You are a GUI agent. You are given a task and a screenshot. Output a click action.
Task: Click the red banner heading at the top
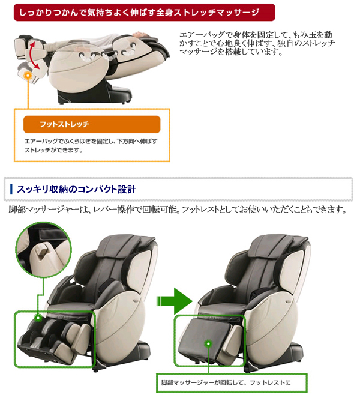click(x=145, y=12)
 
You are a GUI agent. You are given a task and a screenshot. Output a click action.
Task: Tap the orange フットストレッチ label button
click(x=92, y=124)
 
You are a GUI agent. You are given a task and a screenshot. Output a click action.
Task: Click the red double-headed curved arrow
click(x=34, y=55)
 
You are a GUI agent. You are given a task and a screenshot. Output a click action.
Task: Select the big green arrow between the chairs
click(x=174, y=301)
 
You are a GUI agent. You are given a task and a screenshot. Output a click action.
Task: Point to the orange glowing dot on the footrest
click(x=28, y=76)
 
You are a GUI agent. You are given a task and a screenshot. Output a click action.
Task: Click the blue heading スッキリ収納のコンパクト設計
click(x=76, y=190)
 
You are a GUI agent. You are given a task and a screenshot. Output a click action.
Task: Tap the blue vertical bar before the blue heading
click(x=11, y=190)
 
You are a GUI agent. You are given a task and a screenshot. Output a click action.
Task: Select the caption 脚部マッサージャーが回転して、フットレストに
click(x=226, y=382)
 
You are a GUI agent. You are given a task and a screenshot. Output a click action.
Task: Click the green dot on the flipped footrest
click(x=208, y=344)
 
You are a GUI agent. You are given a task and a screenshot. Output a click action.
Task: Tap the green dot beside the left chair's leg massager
click(x=38, y=318)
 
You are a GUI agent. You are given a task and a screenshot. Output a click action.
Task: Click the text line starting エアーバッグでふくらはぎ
click(x=91, y=142)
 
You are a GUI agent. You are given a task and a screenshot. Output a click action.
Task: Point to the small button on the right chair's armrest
click(x=288, y=301)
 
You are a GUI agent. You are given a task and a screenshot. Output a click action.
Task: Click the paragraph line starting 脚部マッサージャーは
click(x=178, y=210)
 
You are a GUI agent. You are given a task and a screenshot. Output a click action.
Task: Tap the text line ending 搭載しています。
click(x=231, y=52)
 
